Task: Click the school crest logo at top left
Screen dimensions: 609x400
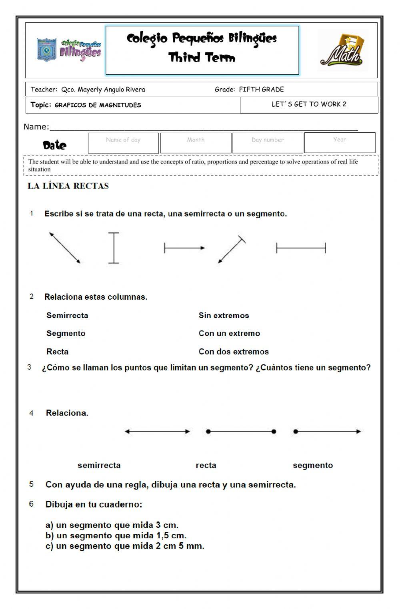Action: [x=46, y=50]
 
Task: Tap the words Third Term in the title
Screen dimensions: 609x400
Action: [x=202, y=58]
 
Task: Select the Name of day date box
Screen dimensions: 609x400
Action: [x=123, y=143]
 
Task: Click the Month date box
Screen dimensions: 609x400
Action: [x=196, y=143]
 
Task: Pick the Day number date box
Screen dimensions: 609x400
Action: [x=268, y=143]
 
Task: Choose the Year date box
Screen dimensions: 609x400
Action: [x=340, y=143]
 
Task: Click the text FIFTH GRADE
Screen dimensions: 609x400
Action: [x=261, y=90]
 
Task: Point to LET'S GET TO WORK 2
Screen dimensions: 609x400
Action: [x=309, y=104]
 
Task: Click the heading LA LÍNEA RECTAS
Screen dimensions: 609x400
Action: [x=68, y=186]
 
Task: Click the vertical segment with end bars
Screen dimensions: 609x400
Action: [x=114, y=248]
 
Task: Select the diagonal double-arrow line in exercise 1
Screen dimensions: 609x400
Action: [x=65, y=248]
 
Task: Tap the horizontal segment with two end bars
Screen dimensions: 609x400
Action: [x=301, y=248]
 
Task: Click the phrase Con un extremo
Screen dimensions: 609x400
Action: [x=229, y=333]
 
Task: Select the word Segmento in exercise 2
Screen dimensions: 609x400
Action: [x=66, y=333]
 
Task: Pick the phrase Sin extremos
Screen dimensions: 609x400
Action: [x=224, y=315]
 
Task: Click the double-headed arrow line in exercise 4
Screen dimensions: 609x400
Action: [x=157, y=431]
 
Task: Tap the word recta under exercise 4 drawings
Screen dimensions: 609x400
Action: [x=206, y=465]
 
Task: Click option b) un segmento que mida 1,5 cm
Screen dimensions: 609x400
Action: [x=116, y=535]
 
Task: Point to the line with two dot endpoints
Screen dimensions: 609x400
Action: [x=241, y=431]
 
